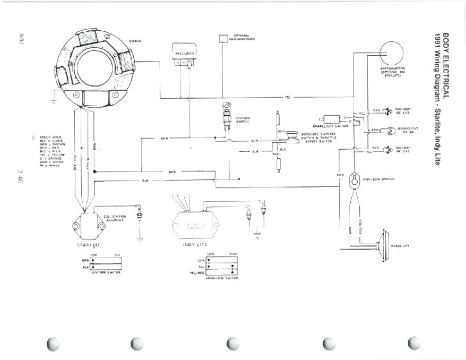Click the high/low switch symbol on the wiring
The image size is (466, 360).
(354, 182)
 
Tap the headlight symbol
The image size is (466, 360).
(382, 243)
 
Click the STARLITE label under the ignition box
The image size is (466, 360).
(88, 245)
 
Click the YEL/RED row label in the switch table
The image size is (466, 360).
(197, 272)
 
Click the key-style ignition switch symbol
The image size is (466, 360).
(224, 116)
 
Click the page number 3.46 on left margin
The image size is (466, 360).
(22, 177)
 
